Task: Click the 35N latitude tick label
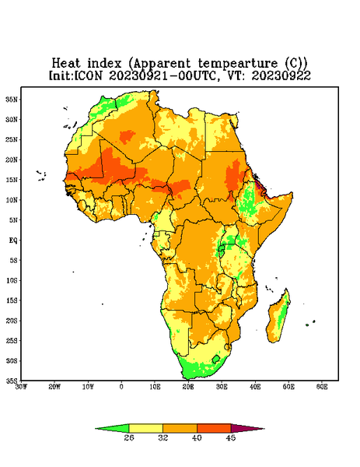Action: [x=12, y=99]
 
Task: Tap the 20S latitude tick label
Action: [x=12, y=321]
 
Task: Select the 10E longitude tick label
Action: [x=155, y=387]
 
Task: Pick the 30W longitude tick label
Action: [x=21, y=387]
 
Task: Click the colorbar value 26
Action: [x=129, y=437]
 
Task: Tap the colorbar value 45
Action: [x=231, y=437]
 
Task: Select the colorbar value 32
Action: [x=163, y=437]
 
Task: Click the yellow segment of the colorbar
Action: [x=145, y=428]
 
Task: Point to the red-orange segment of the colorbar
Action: [x=214, y=428]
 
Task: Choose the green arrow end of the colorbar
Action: [x=112, y=428]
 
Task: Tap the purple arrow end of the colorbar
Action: [x=247, y=428]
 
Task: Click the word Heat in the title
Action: [x=66, y=63]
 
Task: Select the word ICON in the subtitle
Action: [x=89, y=75]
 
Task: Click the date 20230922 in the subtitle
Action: [x=281, y=75]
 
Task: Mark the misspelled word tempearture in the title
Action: [x=238, y=64]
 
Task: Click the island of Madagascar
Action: [x=279, y=318]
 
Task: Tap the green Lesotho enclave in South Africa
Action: [x=216, y=359]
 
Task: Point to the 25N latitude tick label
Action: [x=12, y=139]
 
